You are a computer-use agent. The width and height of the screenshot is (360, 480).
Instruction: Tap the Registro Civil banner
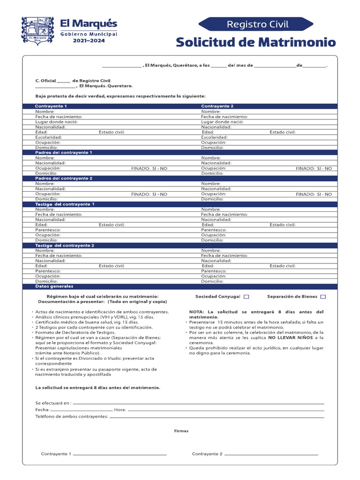256,24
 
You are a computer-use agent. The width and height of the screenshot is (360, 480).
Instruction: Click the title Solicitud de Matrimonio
256,42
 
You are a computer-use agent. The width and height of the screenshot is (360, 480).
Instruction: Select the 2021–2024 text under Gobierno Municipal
89,41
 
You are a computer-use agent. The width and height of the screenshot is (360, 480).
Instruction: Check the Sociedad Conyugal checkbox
247,297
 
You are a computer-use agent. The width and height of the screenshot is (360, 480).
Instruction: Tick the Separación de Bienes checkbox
323,297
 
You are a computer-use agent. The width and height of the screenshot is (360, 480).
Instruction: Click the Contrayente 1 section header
51,106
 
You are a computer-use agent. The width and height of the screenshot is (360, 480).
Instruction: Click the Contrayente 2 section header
217,106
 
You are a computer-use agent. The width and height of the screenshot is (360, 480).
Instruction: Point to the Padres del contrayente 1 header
64,153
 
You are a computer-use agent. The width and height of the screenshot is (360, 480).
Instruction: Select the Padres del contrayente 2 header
64,179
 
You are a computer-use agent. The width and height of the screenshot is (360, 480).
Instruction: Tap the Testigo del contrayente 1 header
65,204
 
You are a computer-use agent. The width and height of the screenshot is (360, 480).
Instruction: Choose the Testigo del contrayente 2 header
65,246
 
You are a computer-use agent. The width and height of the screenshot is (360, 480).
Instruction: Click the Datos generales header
54,286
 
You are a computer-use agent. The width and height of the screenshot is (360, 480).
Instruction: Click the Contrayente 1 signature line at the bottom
120,454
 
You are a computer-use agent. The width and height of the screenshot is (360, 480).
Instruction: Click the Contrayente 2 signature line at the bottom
271,454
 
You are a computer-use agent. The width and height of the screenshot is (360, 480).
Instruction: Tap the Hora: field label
120,410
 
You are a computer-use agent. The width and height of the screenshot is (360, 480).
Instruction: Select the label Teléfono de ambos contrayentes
72,416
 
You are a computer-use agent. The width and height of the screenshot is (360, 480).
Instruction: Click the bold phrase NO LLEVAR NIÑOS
291,337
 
